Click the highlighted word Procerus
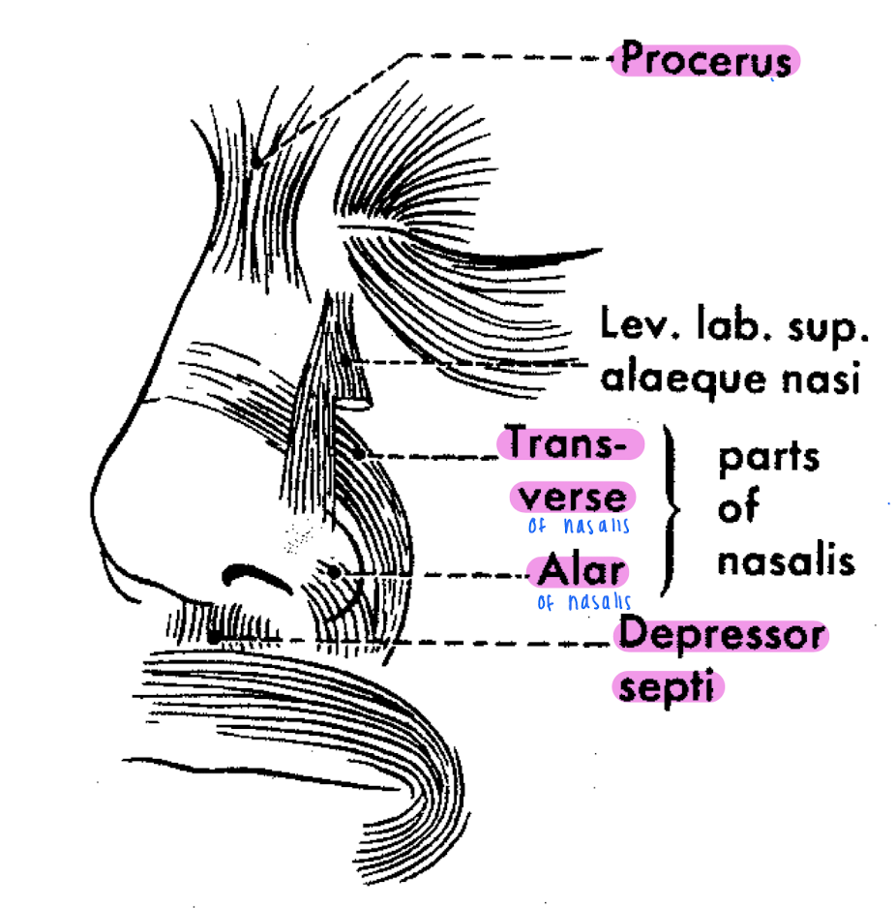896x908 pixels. pos(705,60)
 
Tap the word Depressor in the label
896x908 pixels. pos(722,636)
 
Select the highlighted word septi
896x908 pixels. pos(669,686)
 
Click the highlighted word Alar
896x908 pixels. pos(580,572)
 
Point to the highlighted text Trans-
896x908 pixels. pos(569,444)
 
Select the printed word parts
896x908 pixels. pos(767,457)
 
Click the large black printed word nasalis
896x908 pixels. pos(786,560)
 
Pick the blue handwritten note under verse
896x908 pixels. pos(579,527)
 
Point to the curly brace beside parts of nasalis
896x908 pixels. pos(670,508)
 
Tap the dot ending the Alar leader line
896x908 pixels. pos(334,572)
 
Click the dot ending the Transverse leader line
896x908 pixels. pos(357,453)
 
